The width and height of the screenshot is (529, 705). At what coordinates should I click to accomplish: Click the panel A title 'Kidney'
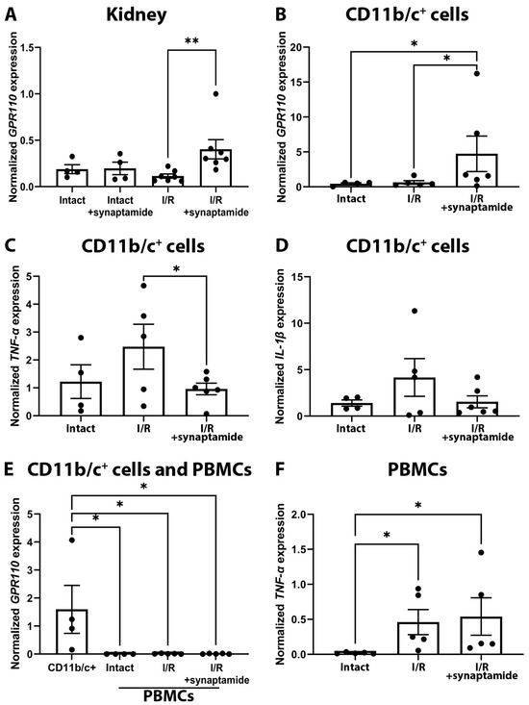click(136, 16)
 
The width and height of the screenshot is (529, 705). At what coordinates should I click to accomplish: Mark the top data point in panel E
click(72, 540)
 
